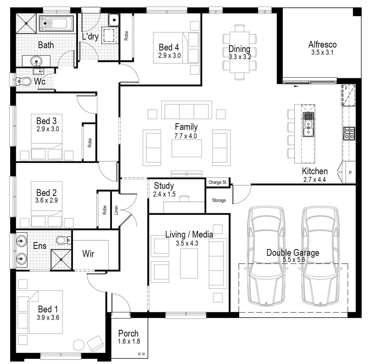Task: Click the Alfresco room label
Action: tap(322, 44)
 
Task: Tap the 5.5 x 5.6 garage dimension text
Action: tap(293, 259)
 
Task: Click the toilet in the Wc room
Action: tap(25, 82)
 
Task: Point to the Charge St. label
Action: tap(217, 182)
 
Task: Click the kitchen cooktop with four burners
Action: tap(349, 133)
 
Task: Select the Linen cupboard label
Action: tap(116, 210)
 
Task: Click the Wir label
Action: tap(88, 254)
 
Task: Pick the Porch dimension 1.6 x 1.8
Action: tap(129, 341)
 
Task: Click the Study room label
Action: tap(164, 186)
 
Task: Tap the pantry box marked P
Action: tap(350, 173)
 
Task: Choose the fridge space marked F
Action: tap(348, 95)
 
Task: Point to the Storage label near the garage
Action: tap(219, 200)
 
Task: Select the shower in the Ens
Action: tap(61, 259)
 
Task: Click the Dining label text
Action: tap(239, 49)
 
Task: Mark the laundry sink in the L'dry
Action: tap(113, 20)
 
